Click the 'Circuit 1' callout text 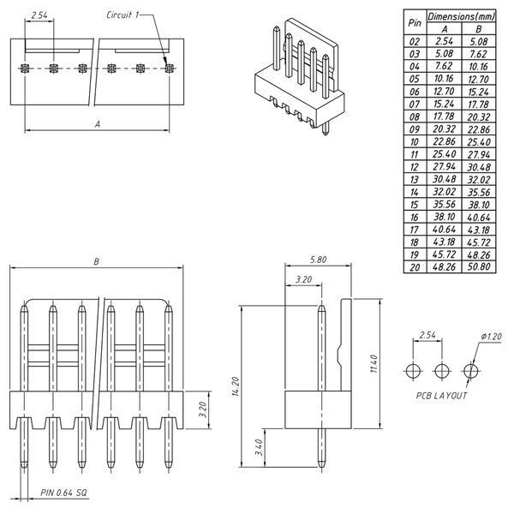[x=123, y=15]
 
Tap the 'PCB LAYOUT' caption [x=441, y=396]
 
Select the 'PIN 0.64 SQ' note [x=63, y=493]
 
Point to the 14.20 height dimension [x=236, y=386]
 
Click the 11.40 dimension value [x=374, y=364]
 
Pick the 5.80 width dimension [x=319, y=260]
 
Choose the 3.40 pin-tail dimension [x=259, y=447]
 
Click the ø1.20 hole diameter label [x=491, y=337]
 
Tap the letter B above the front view [x=96, y=261]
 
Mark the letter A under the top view [x=98, y=124]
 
